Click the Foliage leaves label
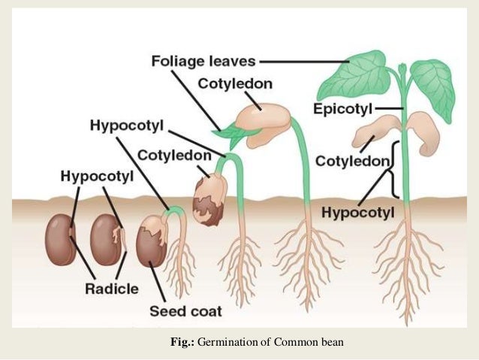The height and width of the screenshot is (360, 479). (203, 59)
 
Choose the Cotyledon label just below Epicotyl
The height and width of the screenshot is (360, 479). (352, 161)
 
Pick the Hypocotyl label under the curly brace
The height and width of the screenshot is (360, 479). (357, 213)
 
